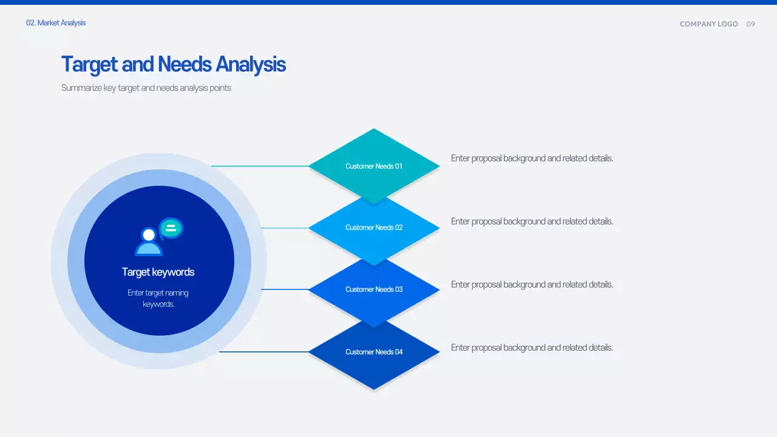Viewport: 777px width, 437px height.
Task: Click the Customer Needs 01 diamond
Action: tap(374, 166)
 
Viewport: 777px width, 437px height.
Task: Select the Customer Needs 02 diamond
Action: tap(374, 228)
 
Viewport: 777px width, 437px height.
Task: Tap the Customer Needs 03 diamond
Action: tap(374, 290)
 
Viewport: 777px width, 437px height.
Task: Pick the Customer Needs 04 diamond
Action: tap(374, 352)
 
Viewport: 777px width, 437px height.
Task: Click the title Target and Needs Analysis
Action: tap(173, 64)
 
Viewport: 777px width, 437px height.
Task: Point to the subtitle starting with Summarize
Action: tap(146, 88)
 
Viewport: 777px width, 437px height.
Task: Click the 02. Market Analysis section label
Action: tap(56, 23)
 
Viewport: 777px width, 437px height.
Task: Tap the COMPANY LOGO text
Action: tap(708, 24)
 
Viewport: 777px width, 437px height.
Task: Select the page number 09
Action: tap(751, 24)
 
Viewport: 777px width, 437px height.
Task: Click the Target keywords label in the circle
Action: tap(158, 272)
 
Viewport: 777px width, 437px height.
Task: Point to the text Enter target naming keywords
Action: tap(158, 298)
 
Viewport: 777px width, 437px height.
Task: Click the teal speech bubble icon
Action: tap(171, 228)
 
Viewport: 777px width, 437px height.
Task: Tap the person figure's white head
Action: tap(149, 234)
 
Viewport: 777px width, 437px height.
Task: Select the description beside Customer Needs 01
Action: tap(532, 158)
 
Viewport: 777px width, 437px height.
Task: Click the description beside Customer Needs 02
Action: tap(532, 222)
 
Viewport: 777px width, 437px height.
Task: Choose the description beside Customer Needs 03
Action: tap(532, 285)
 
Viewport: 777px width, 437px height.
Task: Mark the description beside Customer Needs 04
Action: tap(532, 348)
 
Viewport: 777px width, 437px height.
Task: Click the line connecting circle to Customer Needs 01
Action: tap(260, 166)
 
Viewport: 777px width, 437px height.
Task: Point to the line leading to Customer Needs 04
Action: tap(263, 351)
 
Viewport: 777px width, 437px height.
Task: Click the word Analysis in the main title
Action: tap(251, 64)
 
